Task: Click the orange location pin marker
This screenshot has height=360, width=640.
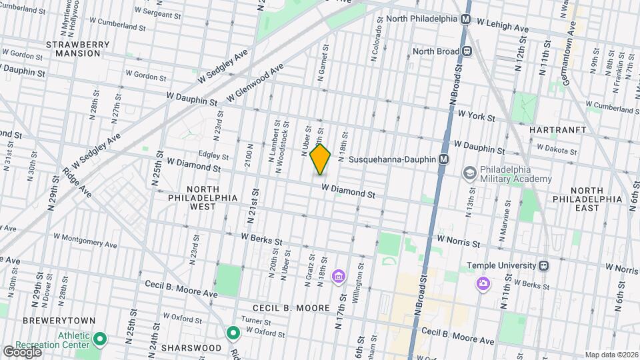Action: pyautogui.click(x=320, y=159)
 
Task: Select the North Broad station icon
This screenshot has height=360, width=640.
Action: pyautogui.click(x=467, y=51)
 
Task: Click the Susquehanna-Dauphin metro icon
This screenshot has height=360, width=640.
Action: pyautogui.click(x=443, y=160)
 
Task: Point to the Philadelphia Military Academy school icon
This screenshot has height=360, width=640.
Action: pyautogui.click(x=470, y=173)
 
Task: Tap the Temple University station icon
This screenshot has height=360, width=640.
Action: pyautogui.click(x=544, y=265)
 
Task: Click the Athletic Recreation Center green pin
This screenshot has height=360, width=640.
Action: pyautogui.click(x=99, y=340)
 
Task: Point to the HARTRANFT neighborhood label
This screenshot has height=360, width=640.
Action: pyautogui.click(x=558, y=129)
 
